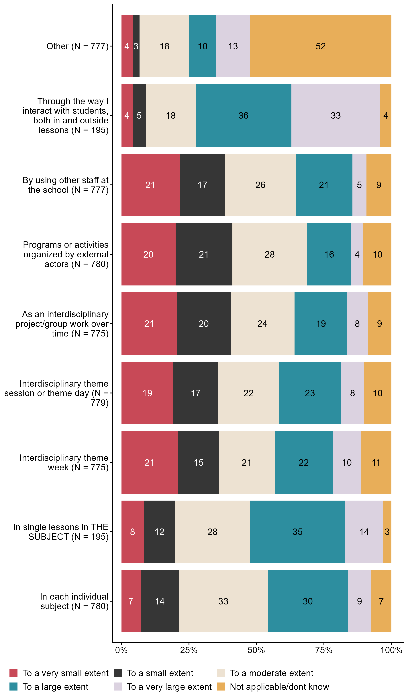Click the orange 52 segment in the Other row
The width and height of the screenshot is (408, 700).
pos(321,46)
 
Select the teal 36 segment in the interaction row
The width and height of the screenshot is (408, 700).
pos(243,116)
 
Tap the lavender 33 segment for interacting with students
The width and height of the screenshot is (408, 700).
pos(336,116)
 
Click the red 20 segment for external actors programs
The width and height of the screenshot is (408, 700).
pos(148,254)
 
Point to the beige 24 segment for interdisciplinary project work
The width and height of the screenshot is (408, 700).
pos(262,324)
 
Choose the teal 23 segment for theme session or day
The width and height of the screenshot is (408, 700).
pos(310,393)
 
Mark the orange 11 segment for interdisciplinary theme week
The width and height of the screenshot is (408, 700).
pos(376,462)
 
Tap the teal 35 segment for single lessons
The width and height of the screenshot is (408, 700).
pos(298,532)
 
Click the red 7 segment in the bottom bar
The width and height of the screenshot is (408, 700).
pos(131,601)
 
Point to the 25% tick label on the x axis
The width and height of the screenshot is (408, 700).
pos(189,650)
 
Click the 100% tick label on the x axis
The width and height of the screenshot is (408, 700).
pos(391,650)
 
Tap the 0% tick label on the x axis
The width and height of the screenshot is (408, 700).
pos(121,650)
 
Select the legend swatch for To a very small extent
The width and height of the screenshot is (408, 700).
pos(13,673)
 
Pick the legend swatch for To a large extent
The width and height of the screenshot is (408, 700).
pos(13,687)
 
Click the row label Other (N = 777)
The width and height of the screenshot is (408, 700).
pos(77,46)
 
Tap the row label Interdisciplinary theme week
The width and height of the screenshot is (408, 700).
pos(64,462)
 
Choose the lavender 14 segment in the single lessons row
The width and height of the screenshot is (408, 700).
pos(364,532)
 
